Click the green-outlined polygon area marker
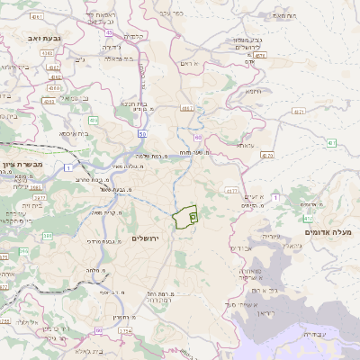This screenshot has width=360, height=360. point(185,217)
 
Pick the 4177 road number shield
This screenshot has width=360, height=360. point(232,191)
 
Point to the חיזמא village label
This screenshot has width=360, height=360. point(253,91)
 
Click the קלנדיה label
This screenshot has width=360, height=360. point(133,36)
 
